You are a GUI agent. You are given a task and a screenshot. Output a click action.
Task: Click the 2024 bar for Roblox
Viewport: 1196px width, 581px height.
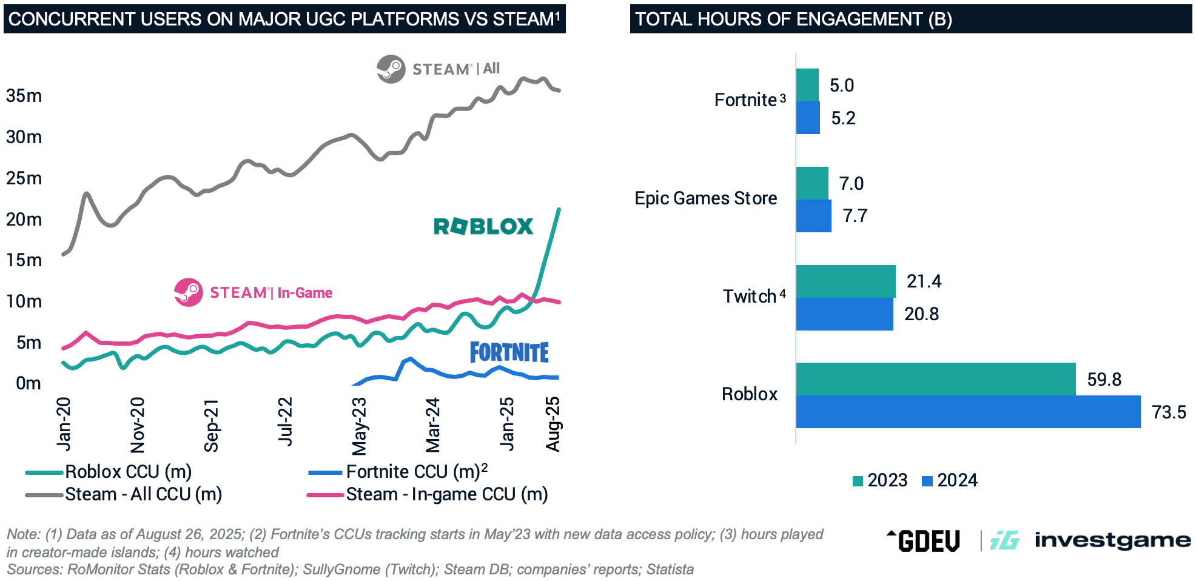pos(968,412)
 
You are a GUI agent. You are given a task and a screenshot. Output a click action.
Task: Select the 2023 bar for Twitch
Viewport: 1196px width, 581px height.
pos(845,281)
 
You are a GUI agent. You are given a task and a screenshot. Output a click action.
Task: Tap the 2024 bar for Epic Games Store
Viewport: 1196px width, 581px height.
pos(813,216)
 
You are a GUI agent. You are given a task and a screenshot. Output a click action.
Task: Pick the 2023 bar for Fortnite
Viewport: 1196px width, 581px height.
pos(807,85)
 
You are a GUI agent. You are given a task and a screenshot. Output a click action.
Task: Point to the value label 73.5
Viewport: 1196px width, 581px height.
pos(1169,412)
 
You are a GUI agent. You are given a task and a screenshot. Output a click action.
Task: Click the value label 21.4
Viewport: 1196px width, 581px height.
pos(924,281)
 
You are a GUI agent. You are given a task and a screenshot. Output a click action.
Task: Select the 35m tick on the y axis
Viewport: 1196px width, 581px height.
pos(24,96)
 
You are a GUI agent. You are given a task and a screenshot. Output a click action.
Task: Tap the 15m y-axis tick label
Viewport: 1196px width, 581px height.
pos(24,260)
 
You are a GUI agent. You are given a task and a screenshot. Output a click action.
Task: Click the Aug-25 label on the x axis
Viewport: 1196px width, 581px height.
pos(553,424)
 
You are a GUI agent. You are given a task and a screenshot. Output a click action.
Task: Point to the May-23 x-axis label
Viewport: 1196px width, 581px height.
pos(359,426)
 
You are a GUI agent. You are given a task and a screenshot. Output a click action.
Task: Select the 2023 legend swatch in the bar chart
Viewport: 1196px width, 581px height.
pos(858,481)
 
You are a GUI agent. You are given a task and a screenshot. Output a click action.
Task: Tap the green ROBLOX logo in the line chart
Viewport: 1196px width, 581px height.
pos(483,226)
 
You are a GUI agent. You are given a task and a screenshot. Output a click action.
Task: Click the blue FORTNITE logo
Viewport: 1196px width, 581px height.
pos(509,352)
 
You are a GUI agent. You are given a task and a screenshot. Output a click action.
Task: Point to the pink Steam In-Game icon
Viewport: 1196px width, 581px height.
pos(188,292)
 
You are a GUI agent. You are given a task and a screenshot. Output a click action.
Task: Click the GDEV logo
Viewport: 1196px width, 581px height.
pos(924,540)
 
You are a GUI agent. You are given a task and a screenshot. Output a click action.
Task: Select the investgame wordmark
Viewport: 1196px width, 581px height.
pos(1112,540)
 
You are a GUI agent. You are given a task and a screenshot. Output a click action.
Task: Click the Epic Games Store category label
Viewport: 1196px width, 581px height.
pos(705,198)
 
